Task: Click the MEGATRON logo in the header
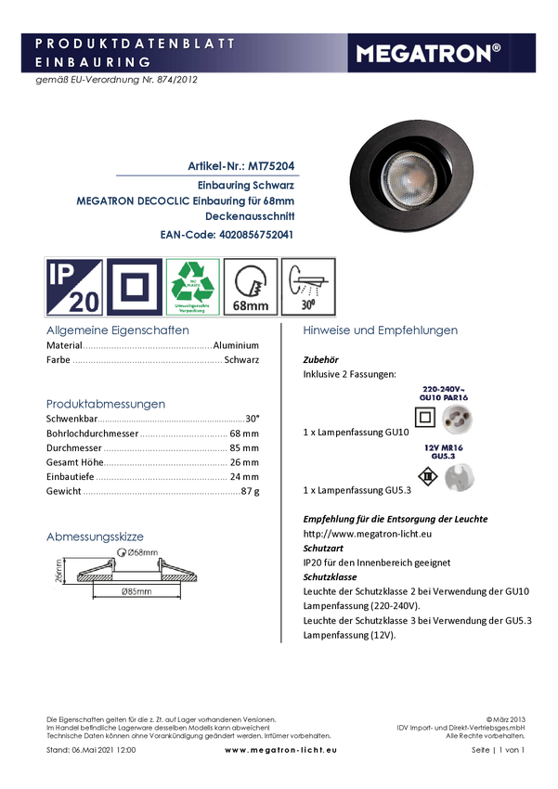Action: pos(441,54)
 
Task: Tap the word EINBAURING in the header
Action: pos(93,61)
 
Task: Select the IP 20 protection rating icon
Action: pos(73,285)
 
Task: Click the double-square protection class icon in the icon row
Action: pos(135,285)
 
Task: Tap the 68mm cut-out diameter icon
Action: pos(251,285)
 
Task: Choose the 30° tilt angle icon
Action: pos(308,285)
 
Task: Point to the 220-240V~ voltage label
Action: pos(444,389)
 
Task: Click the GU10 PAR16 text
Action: pos(444,398)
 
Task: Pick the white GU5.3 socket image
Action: pos(458,478)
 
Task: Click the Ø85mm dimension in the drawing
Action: pos(136,590)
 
